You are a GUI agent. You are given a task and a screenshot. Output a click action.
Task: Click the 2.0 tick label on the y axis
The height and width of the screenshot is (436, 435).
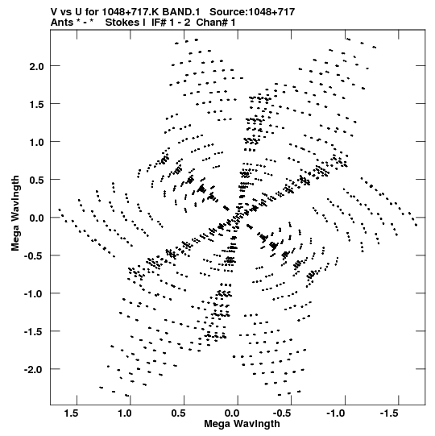37,67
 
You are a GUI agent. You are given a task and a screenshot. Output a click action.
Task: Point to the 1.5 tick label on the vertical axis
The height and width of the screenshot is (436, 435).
37,105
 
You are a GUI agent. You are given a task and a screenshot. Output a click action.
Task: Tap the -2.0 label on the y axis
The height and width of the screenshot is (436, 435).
34,370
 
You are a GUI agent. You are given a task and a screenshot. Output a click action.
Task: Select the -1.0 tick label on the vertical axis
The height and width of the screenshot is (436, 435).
34,294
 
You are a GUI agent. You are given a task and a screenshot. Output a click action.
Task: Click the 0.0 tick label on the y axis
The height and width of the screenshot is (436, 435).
37,218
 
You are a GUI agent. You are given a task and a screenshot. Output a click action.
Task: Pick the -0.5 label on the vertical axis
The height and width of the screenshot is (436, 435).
34,256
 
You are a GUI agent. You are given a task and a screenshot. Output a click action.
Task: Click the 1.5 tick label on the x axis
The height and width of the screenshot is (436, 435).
71,413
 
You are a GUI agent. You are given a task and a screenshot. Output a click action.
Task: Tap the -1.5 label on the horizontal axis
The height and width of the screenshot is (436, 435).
390,413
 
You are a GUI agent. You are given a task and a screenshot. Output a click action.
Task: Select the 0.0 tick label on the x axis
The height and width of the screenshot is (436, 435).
232,413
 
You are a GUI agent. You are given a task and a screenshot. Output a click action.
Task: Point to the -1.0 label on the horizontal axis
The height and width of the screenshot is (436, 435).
337,413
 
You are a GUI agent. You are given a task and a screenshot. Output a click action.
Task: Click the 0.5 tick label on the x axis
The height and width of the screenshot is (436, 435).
179,413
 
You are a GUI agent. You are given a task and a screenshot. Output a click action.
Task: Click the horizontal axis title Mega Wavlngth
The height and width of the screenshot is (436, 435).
242,424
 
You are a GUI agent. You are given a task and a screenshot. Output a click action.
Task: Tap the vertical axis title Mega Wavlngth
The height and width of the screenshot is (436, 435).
15,214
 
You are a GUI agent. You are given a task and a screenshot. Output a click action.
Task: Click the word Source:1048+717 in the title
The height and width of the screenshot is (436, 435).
252,12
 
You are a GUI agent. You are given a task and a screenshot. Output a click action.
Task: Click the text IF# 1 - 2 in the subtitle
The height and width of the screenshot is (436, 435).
171,23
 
